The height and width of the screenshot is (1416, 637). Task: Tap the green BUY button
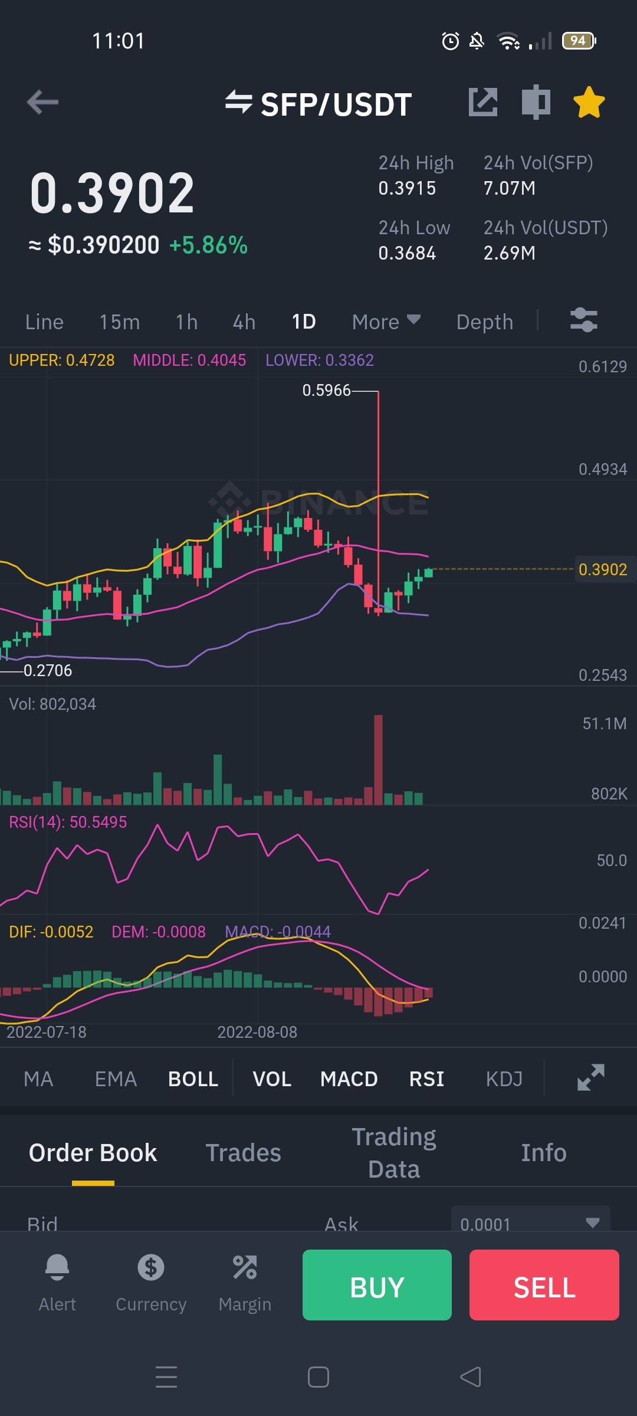[x=377, y=1284]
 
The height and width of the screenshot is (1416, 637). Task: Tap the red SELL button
[x=544, y=1284]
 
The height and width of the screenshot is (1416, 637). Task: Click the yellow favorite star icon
[x=589, y=102]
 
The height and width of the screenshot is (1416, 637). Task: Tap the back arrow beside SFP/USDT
[x=42, y=102]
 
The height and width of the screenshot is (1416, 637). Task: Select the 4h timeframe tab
[x=244, y=322]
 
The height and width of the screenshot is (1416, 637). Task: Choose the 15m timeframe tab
[x=120, y=322]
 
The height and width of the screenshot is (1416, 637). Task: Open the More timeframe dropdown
[x=386, y=322]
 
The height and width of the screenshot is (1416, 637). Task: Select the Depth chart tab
[x=485, y=322]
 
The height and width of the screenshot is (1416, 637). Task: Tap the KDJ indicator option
[x=504, y=1079]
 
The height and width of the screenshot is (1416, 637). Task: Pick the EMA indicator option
[x=116, y=1079]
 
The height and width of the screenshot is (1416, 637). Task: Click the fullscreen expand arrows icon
[x=591, y=1077]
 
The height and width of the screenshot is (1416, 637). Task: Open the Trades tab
[x=243, y=1153]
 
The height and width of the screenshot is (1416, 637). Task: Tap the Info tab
[x=544, y=1153]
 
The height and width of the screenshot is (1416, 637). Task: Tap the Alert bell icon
[x=57, y=1267]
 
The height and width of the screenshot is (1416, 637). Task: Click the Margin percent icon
[x=245, y=1267]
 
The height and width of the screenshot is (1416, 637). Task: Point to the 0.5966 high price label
[x=326, y=390]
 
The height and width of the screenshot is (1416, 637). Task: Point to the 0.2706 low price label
[x=48, y=670]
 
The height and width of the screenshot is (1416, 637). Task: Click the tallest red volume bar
[x=378, y=760]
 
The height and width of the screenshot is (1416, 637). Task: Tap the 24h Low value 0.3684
[x=407, y=253]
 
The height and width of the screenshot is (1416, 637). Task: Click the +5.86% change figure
[x=208, y=245]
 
